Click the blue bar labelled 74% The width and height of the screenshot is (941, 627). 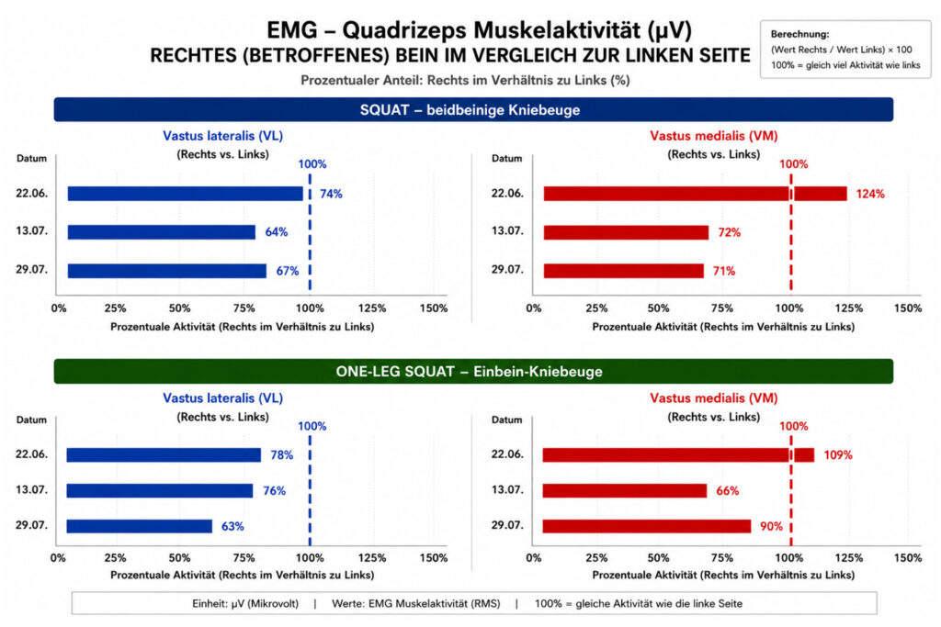tap(186, 194)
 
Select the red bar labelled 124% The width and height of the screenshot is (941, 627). tap(695, 194)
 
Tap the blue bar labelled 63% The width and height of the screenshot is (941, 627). tap(140, 526)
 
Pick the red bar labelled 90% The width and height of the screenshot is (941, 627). tap(647, 526)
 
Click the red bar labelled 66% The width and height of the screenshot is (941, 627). tap(625, 491)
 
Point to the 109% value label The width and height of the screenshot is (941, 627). tap(838, 455)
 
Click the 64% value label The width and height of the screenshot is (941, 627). tap(277, 232)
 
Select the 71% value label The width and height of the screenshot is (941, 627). tap(724, 271)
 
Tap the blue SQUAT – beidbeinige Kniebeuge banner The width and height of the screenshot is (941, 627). tap(473, 109)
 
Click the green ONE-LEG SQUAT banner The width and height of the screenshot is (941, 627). tap(473, 372)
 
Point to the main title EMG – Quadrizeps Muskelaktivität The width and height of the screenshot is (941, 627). tap(479, 29)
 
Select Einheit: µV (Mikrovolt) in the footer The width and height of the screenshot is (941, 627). tap(244, 604)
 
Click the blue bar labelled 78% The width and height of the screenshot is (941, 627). tap(164, 455)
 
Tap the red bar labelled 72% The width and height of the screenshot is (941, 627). tap(626, 232)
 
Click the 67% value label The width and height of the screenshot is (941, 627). tap(288, 271)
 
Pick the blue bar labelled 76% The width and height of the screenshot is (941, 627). tap(160, 491)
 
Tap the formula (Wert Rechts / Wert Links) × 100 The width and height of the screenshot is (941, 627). tap(842, 50)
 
